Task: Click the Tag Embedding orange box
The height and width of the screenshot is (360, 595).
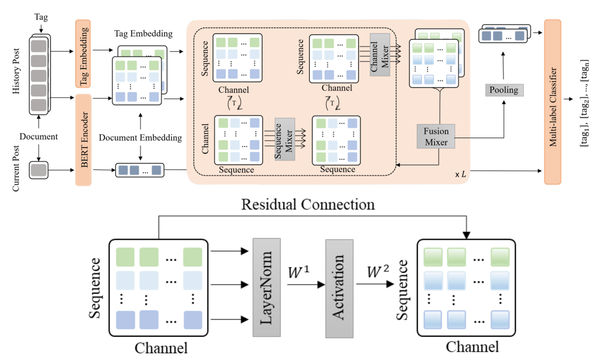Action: [83, 53]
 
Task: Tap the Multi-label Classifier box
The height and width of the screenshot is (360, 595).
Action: [553, 102]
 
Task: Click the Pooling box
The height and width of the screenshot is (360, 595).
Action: [504, 90]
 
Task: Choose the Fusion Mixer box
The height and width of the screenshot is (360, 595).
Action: [436, 136]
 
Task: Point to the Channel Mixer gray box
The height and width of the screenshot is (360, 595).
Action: [380, 54]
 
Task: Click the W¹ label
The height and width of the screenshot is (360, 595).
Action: [300, 273]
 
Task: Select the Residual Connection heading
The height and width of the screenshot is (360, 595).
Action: [308, 204]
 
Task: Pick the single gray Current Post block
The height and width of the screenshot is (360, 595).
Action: [39, 170]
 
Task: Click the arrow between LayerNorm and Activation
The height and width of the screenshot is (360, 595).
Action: [305, 285]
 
